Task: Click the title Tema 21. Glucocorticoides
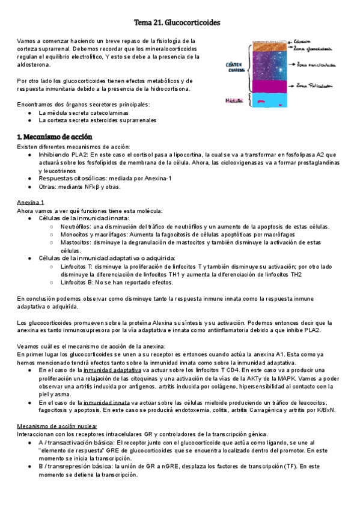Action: click(x=180, y=22)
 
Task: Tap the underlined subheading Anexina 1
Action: click(x=30, y=202)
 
